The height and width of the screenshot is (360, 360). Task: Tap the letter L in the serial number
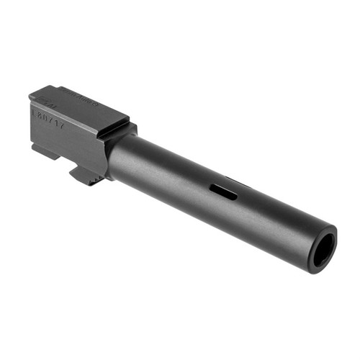coord(34,112)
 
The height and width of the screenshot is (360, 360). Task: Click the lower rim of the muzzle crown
coord(323,269)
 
